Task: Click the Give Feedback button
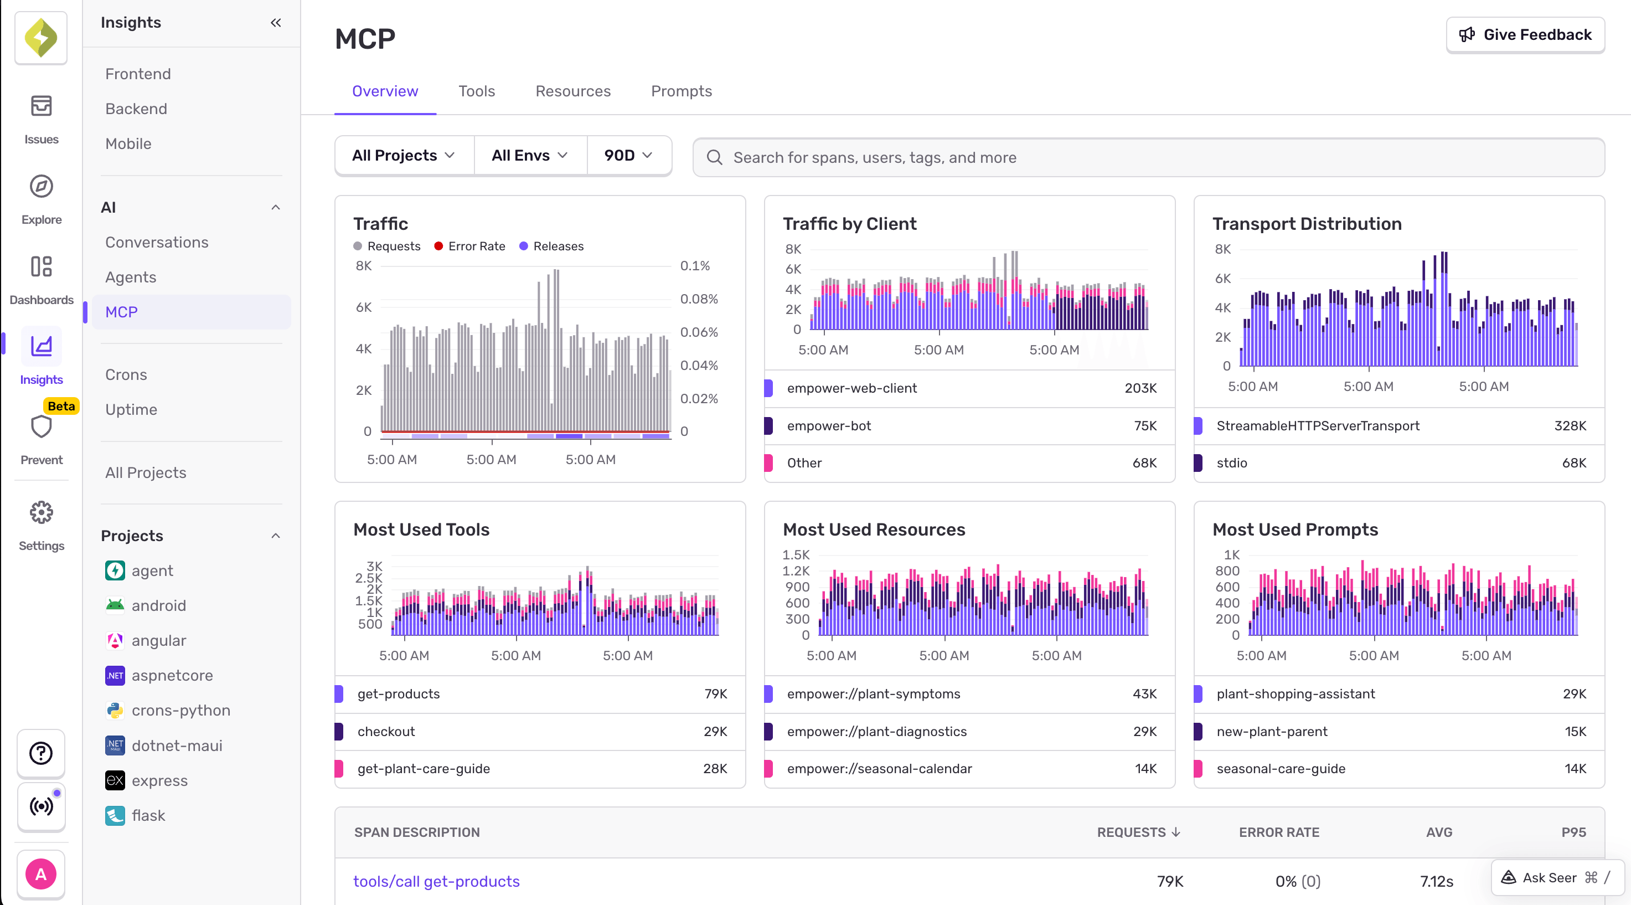click(1525, 35)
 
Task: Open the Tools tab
click(476, 91)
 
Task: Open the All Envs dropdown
click(529, 156)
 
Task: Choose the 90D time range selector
click(627, 156)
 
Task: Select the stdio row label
click(1231, 463)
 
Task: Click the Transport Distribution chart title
click(1306, 224)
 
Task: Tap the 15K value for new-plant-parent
click(1575, 732)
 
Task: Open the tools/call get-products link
click(436, 882)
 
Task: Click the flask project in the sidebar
click(148, 816)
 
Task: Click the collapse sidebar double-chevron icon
click(275, 23)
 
